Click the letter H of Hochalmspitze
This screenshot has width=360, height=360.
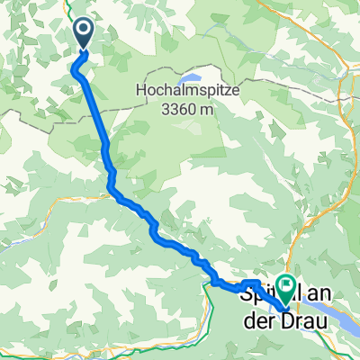pyautogui.click(x=139, y=91)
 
